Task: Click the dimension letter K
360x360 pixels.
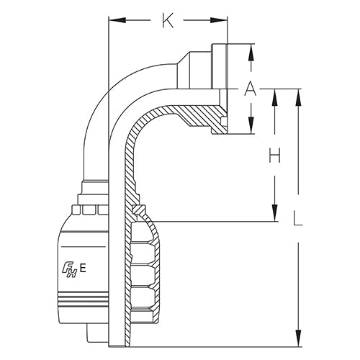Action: click(168, 22)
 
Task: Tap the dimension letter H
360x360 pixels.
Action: click(274, 156)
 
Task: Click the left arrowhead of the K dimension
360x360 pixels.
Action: click(112, 22)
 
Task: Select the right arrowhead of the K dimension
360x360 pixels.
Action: click(223, 22)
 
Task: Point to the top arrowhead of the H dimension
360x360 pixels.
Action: click(274, 94)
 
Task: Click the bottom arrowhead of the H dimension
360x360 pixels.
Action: click(274, 215)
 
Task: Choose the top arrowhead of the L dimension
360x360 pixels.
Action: click(299, 94)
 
